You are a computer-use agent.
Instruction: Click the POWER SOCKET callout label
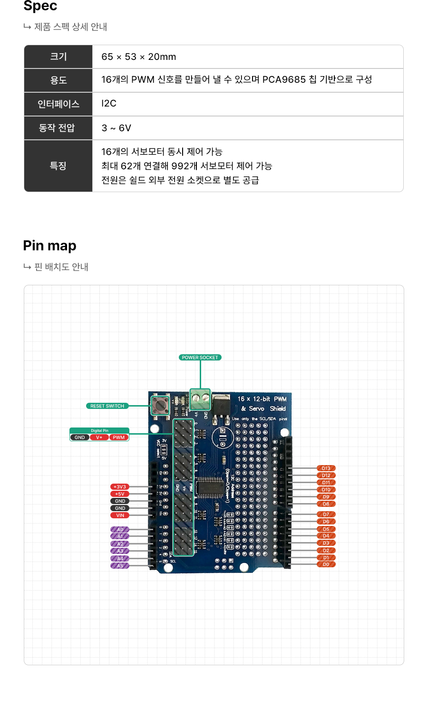tap(200, 358)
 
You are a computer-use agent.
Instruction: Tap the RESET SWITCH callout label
tap(107, 406)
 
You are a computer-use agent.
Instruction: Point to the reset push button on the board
tap(160, 405)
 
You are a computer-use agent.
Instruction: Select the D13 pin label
tap(326, 468)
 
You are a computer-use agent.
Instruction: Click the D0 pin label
tap(326, 564)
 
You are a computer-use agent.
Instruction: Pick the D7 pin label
tap(326, 515)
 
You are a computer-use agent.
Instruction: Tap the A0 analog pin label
tap(120, 529)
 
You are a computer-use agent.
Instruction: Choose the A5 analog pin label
tap(120, 566)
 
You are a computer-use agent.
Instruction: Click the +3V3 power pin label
tap(119, 487)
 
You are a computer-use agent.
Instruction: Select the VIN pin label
tap(120, 515)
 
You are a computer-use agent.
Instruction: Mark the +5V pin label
tap(119, 494)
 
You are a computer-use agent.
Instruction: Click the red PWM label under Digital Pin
tap(119, 437)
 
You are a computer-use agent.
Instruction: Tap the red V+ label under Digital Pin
tap(99, 437)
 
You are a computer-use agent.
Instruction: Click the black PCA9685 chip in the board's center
tap(209, 487)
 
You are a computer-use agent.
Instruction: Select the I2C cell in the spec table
tap(109, 104)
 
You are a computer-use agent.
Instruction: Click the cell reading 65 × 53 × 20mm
tap(138, 57)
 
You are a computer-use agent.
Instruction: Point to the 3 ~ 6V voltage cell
tap(116, 128)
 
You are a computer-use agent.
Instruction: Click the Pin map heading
tap(49, 246)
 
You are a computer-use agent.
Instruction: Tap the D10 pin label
tap(326, 490)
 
